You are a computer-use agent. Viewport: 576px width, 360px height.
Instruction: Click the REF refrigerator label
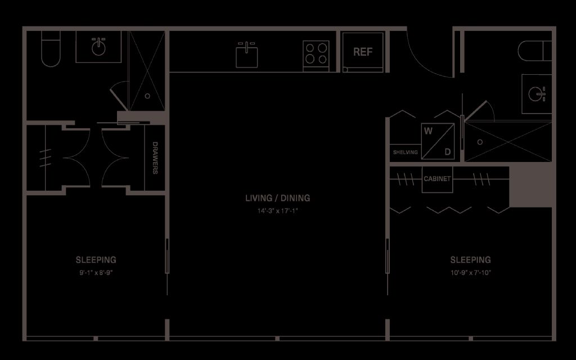click(x=363, y=52)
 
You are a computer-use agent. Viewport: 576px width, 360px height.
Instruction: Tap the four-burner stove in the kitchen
click(x=316, y=56)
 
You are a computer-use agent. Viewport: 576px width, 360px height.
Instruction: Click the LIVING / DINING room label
click(x=278, y=198)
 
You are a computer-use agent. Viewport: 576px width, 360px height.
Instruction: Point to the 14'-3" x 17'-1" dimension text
click(x=278, y=211)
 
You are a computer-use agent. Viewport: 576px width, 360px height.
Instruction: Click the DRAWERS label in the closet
click(x=155, y=158)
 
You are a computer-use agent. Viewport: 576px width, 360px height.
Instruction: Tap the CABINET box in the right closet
click(x=437, y=179)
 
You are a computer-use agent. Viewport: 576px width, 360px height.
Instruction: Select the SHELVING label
click(x=405, y=152)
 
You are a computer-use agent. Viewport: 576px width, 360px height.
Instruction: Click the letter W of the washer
click(x=428, y=131)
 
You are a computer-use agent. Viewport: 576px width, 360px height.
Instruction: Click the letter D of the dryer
click(x=448, y=152)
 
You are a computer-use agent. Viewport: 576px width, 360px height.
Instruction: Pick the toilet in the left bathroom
click(x=51, y=48)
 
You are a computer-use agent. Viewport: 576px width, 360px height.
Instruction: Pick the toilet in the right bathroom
click(x=534, y=51)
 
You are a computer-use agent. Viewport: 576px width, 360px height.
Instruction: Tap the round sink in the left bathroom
click(x=98, y=47)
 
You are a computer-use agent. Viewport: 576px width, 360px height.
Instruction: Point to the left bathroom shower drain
click(x=147, y=96)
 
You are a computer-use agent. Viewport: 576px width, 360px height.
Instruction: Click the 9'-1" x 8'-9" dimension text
click(x=96, y=273)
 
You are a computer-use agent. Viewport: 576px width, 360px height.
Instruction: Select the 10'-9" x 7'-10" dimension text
click(x=471, y=273)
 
